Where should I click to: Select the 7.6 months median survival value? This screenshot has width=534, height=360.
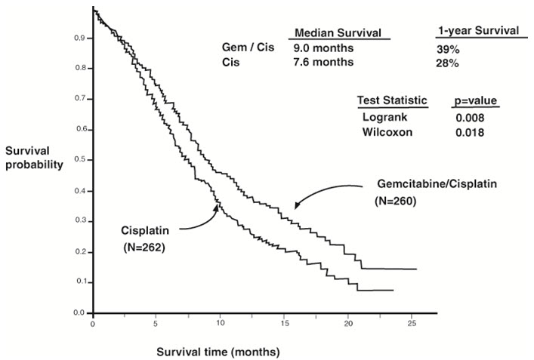pyautogui.click(x=323, y=63)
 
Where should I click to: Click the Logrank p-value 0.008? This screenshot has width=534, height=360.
pyautogui.click(x=469, y=119)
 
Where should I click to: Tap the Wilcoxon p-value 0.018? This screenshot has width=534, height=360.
pyautogui.click(x=469, y=132)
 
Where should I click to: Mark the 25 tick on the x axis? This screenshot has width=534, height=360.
pyautogui.click(x=411, y=323)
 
